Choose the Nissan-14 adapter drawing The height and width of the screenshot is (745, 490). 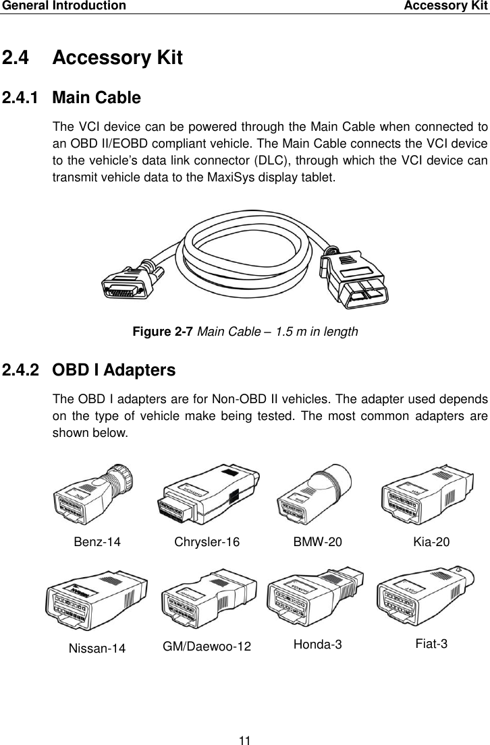point(96,601)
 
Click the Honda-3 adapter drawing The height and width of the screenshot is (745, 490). point(315,599)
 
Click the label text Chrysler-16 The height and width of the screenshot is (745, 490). point(207,542)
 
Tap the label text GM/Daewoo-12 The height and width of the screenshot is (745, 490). point(207,647)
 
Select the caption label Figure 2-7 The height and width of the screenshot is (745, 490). point(162,332)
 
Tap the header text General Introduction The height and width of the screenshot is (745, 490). point(63,6)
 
